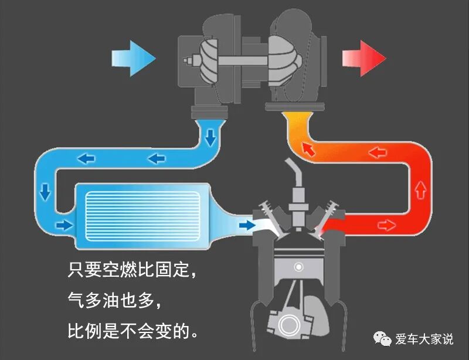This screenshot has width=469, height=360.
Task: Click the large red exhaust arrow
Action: (x=363, y=58)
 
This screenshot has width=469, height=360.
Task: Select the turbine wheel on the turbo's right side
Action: (x=286, y=56)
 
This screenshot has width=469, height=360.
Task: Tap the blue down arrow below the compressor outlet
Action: (x=209, y=138)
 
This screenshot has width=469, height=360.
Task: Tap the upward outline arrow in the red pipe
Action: (x=419, y=189)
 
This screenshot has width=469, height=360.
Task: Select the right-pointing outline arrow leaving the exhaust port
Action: (x=385, y=225)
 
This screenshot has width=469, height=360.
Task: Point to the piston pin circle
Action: (x=300, y=267)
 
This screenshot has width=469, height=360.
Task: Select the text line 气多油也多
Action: (x=114, y=301)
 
